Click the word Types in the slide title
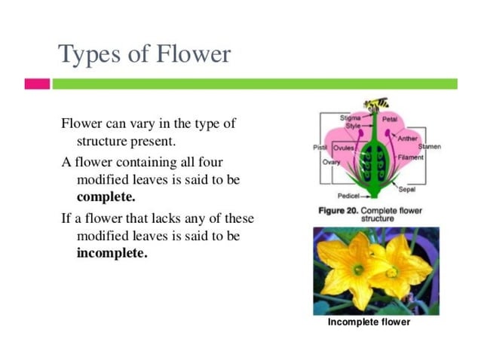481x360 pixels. [82, 54]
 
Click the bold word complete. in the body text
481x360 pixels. [106, 198]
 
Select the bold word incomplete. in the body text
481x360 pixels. [112, 253]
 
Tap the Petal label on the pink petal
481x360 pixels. [390, 120]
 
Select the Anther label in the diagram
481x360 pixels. [408, 139]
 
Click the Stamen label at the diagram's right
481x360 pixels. [430, 146]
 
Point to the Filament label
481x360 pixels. [411, 157]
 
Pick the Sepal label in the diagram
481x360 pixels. [406, 189]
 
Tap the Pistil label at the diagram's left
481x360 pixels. [320, 148]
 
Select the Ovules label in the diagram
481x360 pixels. [344, 148]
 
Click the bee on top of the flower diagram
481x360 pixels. [376, 102]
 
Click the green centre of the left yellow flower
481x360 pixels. [358, 269]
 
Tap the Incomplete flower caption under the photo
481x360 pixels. [369, 322]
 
